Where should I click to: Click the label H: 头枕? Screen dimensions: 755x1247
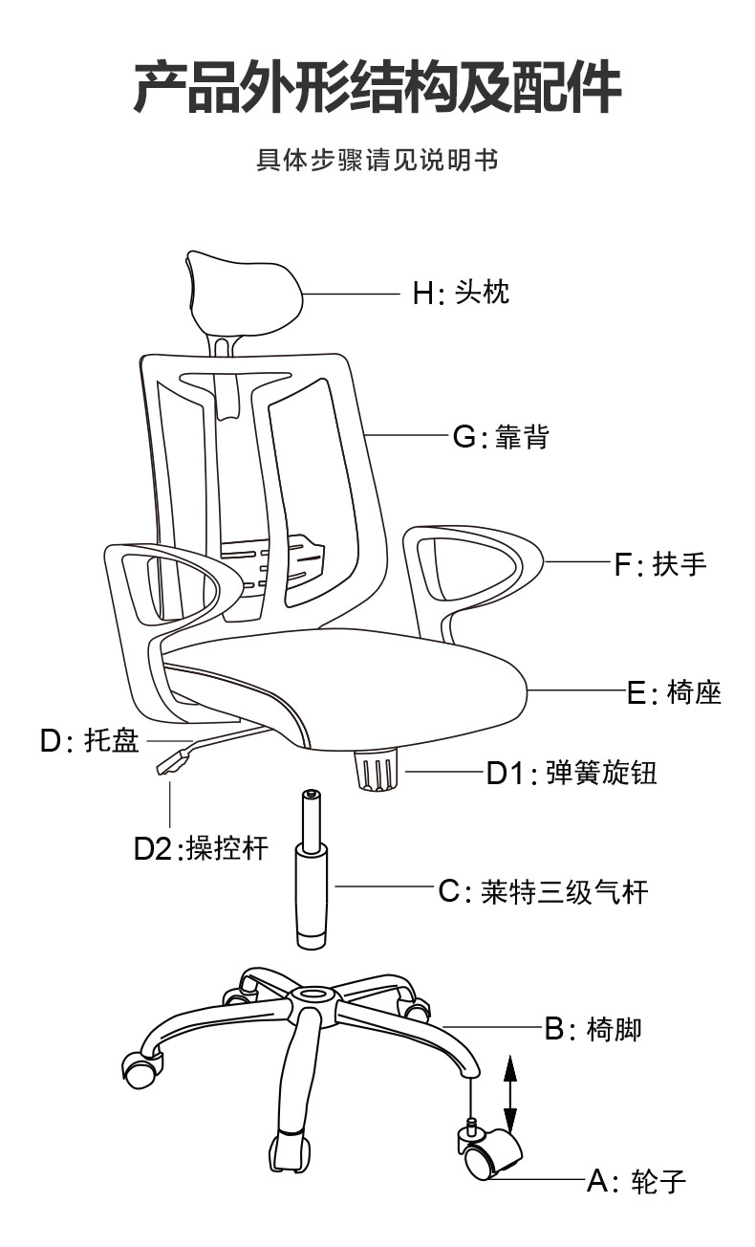point(461,292)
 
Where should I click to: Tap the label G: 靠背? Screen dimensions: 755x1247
point(502,436)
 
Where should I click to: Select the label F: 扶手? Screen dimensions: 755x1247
point(660,563)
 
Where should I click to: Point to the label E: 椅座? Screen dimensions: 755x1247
point(675,692)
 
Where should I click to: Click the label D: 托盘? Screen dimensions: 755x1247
point(89,740)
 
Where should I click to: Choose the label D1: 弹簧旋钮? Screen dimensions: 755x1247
point(572,772)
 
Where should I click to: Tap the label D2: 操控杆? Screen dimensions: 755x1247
point(202,848)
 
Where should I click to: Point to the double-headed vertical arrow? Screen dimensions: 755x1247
point(510,1096)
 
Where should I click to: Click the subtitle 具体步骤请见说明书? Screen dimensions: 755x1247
point(377,160)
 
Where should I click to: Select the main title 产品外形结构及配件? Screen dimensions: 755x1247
point(377,88)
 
